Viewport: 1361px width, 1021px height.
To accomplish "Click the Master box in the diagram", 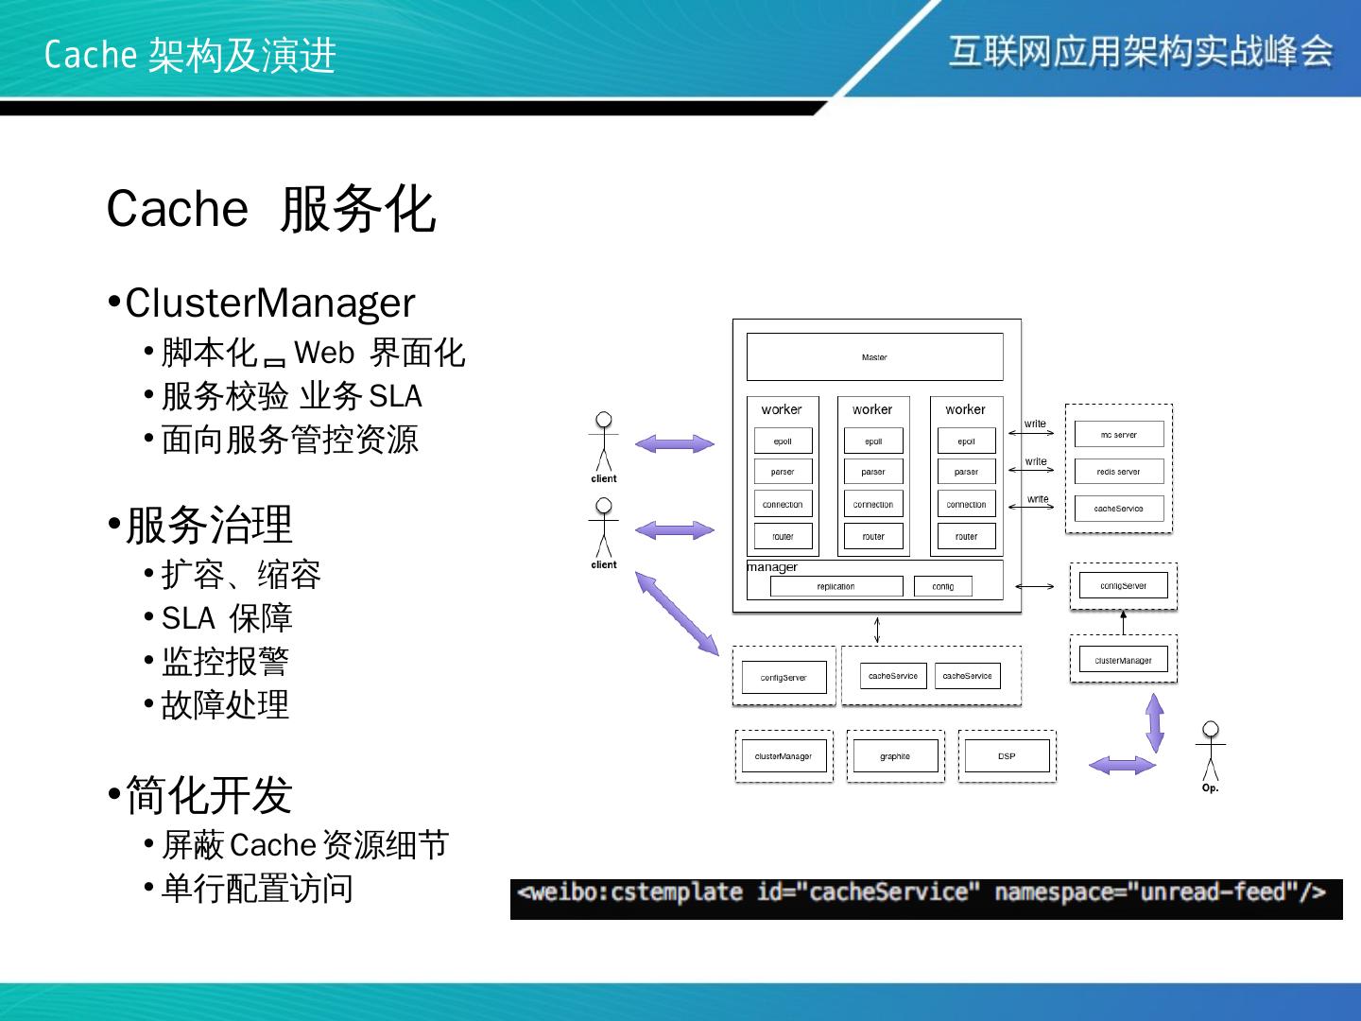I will pos(874,357).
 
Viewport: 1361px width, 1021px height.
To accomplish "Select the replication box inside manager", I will pos(836,587).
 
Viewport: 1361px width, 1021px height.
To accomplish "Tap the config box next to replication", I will pos(942,587).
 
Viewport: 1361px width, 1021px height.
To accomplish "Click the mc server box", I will pos(1118,435).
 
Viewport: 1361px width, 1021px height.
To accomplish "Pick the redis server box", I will pos(1118,472).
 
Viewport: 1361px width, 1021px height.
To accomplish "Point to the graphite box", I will pos(894,756).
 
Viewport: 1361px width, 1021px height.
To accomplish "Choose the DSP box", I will pos(1007,756).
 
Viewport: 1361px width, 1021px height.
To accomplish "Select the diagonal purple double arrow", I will pos(677,614).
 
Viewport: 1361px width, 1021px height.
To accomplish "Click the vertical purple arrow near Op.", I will pos(1154,723).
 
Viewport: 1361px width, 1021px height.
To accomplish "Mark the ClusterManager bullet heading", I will pos(269,303).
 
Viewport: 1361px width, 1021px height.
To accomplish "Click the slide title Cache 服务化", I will pos(271,209).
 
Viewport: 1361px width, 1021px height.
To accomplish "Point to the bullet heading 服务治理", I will pos(209,526).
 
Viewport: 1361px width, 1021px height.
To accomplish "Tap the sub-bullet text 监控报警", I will pos(225,662).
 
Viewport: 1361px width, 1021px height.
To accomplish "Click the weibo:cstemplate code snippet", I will pos(925,894).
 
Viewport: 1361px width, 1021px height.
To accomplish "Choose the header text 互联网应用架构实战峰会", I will pos(1141,51).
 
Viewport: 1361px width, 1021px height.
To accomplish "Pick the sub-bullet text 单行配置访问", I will pos(257,889).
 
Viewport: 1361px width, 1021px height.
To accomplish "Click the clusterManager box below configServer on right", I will pos(1123,660).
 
